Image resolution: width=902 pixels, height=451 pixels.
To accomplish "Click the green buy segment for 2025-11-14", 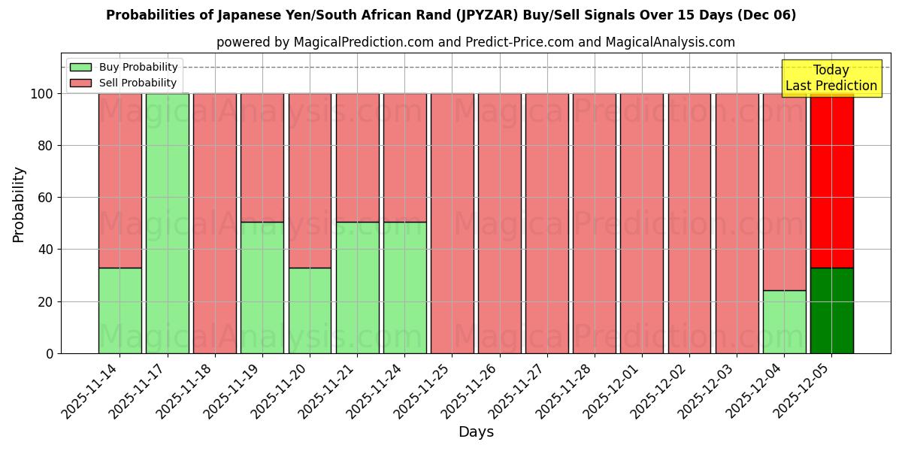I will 120,310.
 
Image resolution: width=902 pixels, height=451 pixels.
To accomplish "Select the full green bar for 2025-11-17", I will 167,223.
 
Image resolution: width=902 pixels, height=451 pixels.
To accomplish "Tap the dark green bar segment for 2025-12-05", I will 831,310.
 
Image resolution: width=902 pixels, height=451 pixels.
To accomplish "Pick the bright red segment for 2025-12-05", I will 831,180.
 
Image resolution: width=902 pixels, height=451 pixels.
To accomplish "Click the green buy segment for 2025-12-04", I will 784,322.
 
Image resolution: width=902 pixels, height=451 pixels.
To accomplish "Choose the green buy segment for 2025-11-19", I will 262,287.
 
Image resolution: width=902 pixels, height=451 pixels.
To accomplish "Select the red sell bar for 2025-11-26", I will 500,223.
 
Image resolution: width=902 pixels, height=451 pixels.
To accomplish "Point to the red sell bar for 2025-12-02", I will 689,223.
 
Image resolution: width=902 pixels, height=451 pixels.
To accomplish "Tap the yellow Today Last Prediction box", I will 831,78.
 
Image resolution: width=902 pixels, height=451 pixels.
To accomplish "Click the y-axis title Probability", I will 19,204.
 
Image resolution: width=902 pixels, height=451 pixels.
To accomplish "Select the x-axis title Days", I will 476,432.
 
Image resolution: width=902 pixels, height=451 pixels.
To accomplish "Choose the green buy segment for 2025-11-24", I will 404,287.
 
